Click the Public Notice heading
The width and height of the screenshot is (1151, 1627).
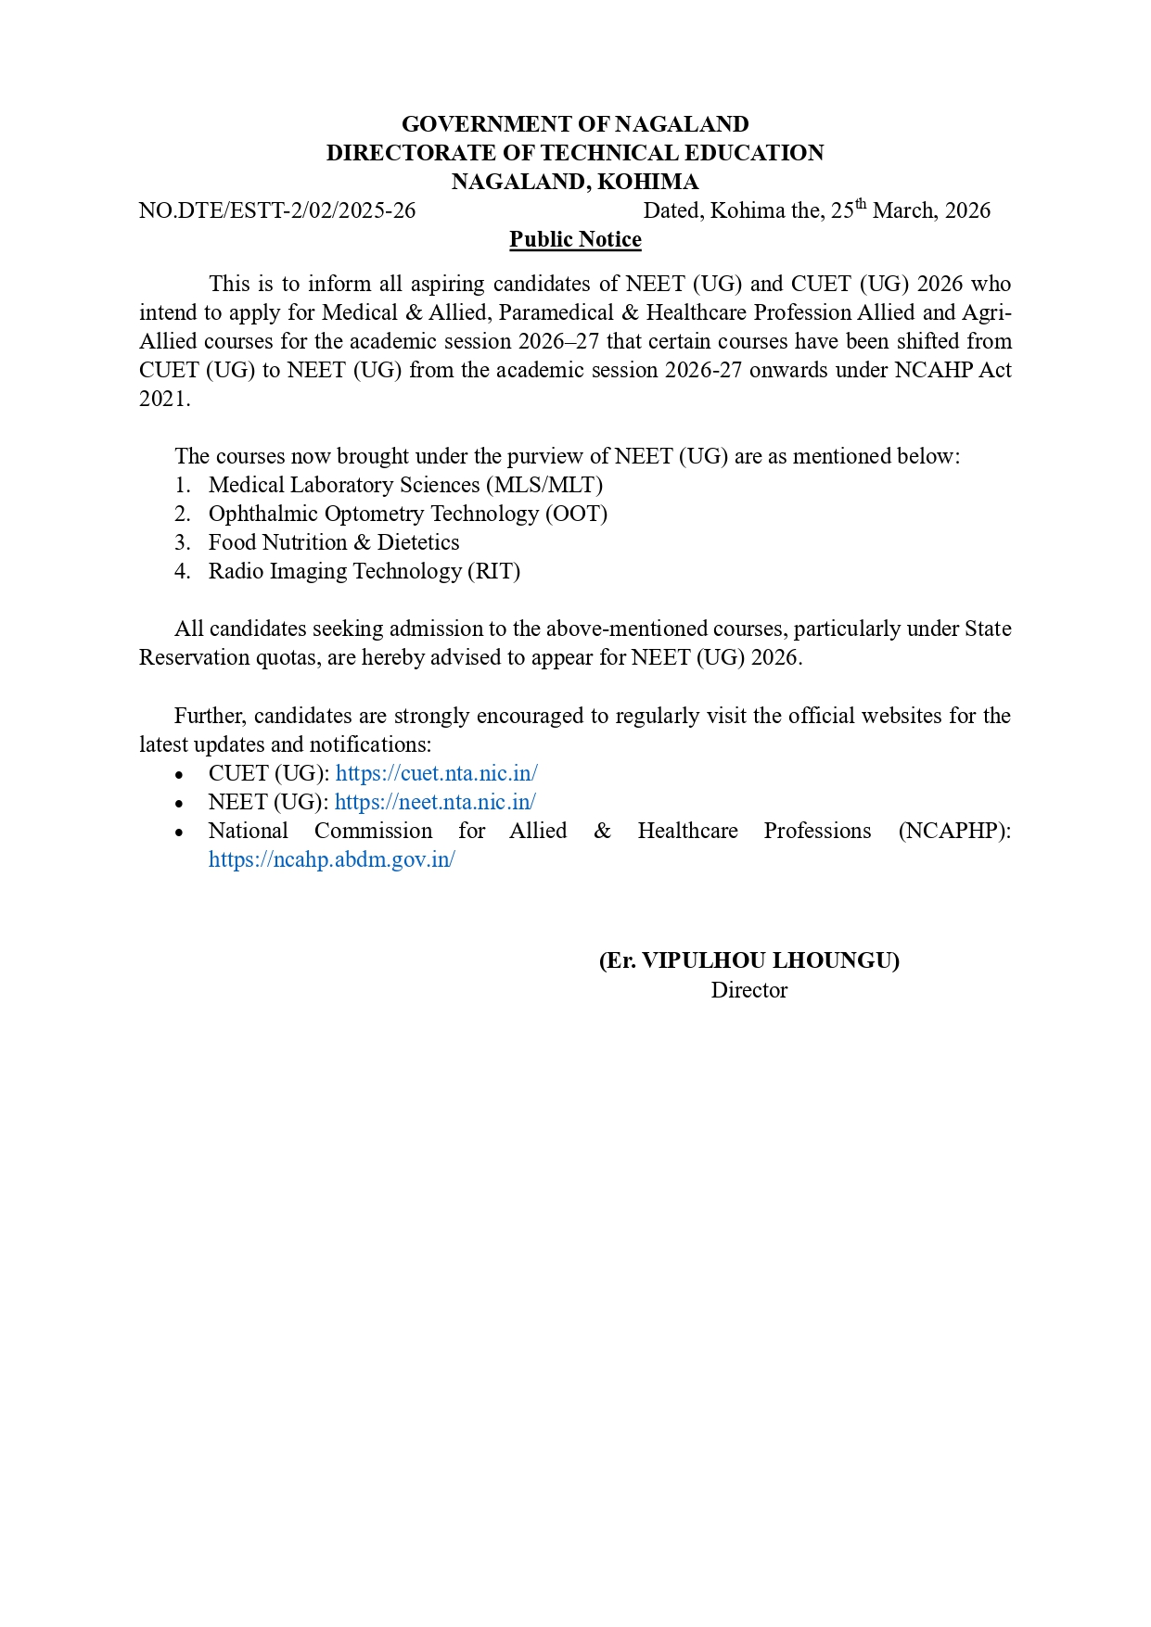click(x=575, y=239)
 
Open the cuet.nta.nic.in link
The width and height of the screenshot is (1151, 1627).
click(x=436, y=773)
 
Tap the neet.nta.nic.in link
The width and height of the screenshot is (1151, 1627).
click(x=435, y=802)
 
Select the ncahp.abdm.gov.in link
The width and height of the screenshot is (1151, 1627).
click(x=331, y=859)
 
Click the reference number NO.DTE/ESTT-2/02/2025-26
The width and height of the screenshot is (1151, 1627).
click(x=277, y=210)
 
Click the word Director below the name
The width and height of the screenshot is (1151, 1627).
click(x=748, y=990)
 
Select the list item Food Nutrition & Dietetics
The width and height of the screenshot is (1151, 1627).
click(x=334, y=542)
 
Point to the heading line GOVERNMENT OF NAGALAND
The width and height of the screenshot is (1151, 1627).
click(x=575, y=124)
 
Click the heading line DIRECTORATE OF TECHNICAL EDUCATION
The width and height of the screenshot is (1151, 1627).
click(x=575, y=153)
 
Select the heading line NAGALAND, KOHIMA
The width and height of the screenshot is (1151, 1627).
click(x=575, y=182)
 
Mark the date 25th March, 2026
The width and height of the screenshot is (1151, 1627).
click(x=910, y=210)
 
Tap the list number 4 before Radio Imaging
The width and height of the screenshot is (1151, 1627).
click(x=181, y=571)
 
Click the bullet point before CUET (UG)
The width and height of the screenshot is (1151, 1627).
click(x=179, y=775)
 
